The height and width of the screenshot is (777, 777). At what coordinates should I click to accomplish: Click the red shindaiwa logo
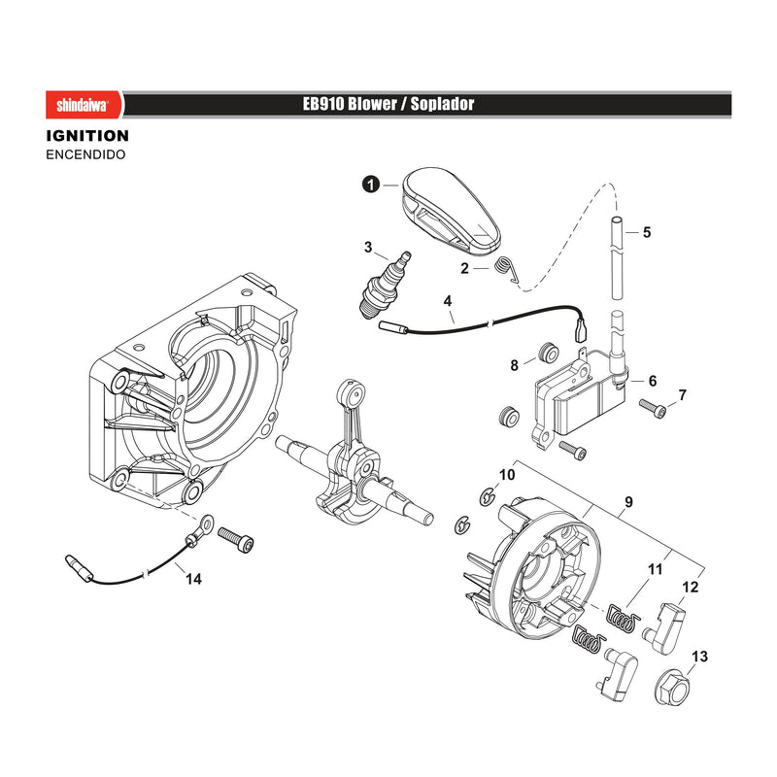[84, 105]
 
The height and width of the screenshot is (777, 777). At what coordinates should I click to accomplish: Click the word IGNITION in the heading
[87, 136]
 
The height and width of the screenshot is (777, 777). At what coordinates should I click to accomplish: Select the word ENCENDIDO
[85, 154]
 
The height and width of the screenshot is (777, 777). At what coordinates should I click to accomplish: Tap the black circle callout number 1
[371, 185]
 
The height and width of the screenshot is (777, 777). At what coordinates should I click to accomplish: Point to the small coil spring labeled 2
[507, 269]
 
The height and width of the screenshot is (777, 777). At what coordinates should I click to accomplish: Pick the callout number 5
[647, 232]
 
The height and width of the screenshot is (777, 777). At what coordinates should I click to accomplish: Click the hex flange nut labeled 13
[673, 687]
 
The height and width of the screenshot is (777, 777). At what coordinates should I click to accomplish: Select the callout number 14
[193, 579]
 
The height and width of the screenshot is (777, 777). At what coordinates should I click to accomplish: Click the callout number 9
[628, 502]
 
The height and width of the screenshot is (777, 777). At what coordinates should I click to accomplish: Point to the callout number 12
[691, 588]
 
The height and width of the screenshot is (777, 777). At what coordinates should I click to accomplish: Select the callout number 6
[652, 381]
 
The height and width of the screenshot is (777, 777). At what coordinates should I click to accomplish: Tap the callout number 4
[448, 301]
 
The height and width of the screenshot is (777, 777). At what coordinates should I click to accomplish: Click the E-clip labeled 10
[488, 496]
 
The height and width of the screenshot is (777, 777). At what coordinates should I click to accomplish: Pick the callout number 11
[655, 569]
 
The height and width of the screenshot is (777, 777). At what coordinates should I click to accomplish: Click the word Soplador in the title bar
[442, 104]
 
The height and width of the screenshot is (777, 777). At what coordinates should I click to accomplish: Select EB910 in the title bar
[324, 104]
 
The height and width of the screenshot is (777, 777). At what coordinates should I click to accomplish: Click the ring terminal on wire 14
[206, 524]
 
